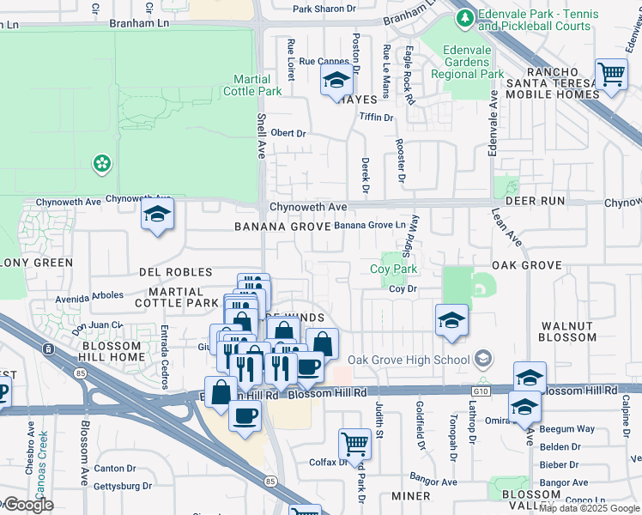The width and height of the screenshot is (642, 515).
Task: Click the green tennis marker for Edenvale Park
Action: pyautogui.click(x=466, y=17)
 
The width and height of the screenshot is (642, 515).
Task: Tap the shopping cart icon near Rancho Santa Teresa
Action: pyautogui.click(x=610, y=74)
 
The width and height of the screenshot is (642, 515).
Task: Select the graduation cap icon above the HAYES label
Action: pyautogui.click(x=336, y=82)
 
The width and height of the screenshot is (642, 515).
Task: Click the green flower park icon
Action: pyautogui.click(x=102, y=163)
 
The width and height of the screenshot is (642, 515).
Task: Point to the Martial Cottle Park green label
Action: pyautogui.click(x=252, y=85)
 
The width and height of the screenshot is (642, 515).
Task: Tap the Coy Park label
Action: pyautogui.click(x=393, y=270)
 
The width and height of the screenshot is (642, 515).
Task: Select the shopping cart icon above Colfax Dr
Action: pyautogui.click(x=354, y=444)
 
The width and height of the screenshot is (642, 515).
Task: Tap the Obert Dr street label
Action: pyautogui.click(x=288, y=133)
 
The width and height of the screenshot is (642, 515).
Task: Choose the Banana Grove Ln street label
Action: pyautogui.click(x=369, y=225)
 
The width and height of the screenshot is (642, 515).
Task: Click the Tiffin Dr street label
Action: pyautogui.click(x=376, y=117)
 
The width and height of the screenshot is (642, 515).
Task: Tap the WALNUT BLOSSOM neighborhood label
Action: pyautogui.click(x=567, y=331)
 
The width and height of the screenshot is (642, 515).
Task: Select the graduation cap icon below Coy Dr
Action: pyautogui.click(x=451, y=320)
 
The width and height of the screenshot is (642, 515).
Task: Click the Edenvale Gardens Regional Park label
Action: pyautogui.click(x=472, y=62)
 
